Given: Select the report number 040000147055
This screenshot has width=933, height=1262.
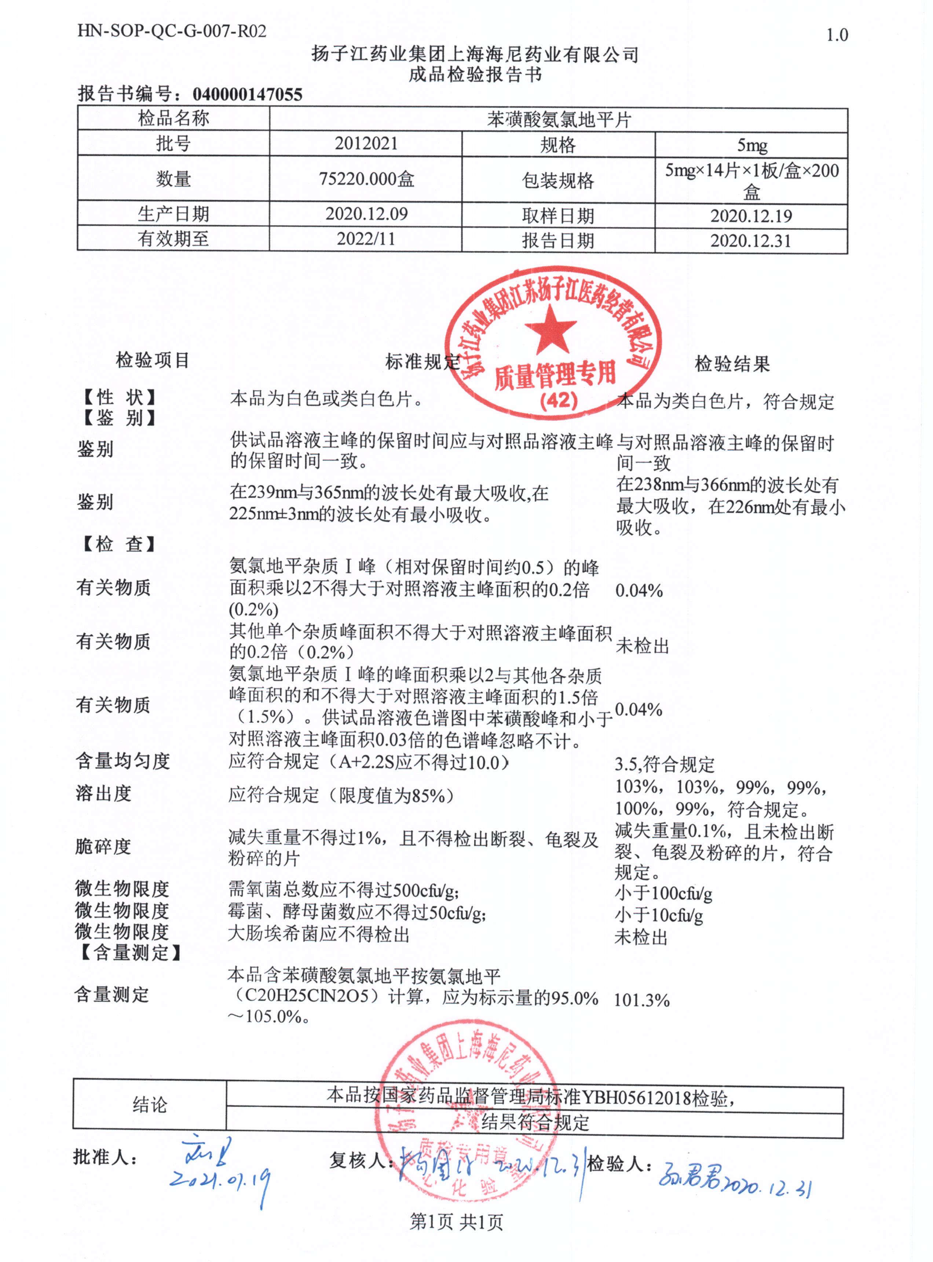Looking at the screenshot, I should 247,94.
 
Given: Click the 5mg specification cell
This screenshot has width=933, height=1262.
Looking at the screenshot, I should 751,145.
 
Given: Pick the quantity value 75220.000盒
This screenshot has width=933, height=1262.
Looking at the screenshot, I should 366,179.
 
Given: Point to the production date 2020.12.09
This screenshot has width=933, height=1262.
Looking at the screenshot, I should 366,214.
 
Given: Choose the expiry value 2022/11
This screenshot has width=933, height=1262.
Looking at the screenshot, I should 366,239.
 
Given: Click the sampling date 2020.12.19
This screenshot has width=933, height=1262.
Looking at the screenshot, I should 751,216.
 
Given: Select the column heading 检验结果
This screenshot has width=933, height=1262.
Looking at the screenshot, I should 732,364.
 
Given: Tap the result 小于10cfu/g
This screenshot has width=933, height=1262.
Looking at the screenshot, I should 659,916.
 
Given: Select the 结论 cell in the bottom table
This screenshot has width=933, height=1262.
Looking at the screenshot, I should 150,1104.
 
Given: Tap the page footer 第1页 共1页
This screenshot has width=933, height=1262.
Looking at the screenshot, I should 456,1222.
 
